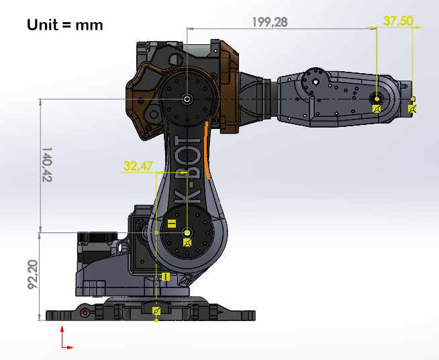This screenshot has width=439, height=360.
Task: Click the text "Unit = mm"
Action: [65, 26]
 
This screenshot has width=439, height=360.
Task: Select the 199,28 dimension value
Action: [270, 22]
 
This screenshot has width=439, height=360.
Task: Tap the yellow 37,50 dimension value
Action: [398, 21]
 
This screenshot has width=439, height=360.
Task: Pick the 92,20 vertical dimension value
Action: [32, 275]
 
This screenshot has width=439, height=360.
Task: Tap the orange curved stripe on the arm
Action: [207, 151]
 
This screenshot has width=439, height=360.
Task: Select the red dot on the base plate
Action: [84, 313]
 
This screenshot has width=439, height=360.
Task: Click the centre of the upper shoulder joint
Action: [186, 99]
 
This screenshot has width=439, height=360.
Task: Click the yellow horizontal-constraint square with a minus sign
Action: [172, 224]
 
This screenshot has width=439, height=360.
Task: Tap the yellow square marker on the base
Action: [156, 310]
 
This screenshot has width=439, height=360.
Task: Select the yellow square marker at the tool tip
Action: [412, 108]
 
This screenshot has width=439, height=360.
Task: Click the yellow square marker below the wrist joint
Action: [377, 108]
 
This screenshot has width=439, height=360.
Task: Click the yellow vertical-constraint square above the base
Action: [165, 276]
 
